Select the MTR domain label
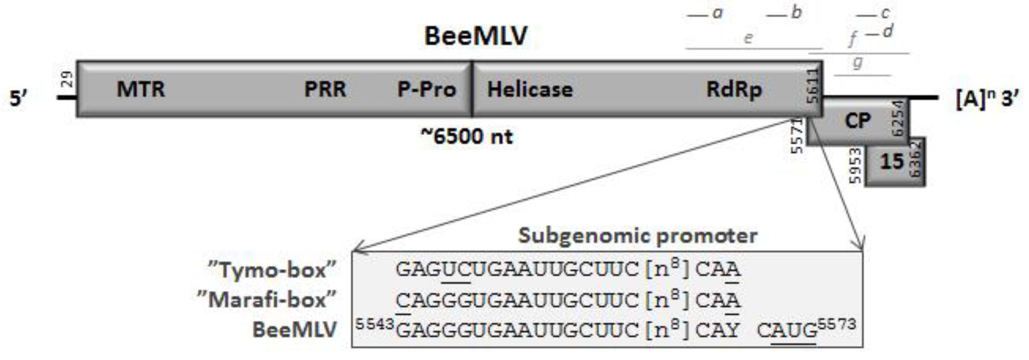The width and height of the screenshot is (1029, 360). point(141,89)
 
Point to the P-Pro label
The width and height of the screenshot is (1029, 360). point(426,89)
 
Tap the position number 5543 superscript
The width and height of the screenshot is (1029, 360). point(375,324)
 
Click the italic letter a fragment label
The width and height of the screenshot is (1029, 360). point(718,13)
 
